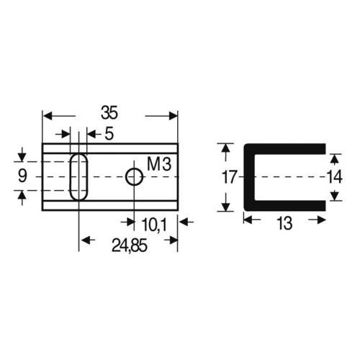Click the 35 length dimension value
point(109,113)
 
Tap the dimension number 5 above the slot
point(109,133)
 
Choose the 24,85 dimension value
point(130,247)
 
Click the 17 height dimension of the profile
point(228,177)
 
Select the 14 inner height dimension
point(333,177)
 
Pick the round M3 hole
point(133,176)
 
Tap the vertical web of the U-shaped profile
point(248,177)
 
